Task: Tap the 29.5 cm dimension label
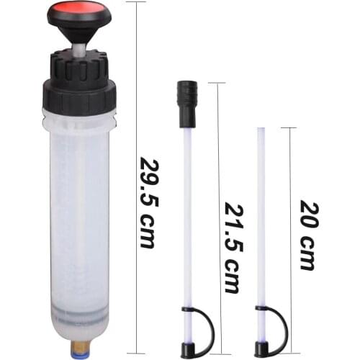click(147, 202)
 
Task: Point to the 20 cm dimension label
click(307, 235)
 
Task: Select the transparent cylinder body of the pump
click(79, 216)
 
